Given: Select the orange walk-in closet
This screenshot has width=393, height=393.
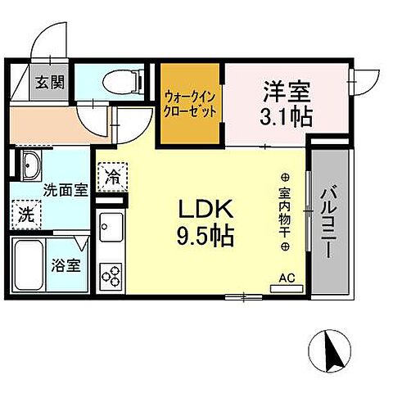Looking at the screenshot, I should [191, 105].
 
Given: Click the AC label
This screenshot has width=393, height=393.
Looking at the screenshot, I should [287, 278].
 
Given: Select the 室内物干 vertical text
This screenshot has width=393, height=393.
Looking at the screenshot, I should [284, 212].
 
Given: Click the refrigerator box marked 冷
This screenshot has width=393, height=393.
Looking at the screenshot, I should [111, 175].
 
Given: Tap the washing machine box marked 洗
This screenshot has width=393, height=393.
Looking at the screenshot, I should [26, 215].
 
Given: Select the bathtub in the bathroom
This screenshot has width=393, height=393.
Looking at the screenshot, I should [30, 266].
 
